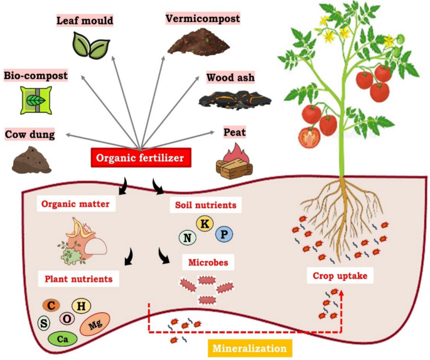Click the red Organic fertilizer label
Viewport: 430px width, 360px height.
139,157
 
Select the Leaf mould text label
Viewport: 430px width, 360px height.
85,21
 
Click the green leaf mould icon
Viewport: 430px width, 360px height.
85,43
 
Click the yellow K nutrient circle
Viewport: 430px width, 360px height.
204,224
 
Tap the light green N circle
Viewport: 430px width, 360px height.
186,237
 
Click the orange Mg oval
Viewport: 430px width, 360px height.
95,325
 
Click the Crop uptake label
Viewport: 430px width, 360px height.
337,275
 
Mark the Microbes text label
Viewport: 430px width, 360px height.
204,260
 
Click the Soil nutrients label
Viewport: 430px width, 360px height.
203,204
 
